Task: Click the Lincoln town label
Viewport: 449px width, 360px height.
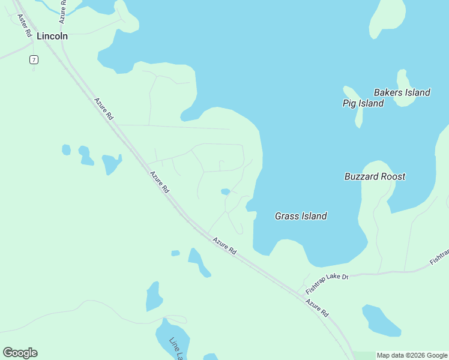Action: [x=52, y=36]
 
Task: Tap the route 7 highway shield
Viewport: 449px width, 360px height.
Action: [x=34, y=59]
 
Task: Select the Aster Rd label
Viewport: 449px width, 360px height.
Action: [x=25, y=26]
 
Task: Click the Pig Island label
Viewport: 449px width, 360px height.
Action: [x=363, y=103]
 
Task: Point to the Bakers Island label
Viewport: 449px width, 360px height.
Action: [x=402, y=92]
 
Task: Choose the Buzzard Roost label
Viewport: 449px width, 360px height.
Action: [x=375, y=176]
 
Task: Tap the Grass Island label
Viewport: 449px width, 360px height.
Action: [x=301, y=216]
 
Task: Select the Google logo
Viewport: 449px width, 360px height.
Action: [x=20, y=352]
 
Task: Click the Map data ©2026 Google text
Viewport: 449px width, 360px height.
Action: [x=412, y=355]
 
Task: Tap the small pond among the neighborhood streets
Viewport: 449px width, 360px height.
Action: [x=225, y=192]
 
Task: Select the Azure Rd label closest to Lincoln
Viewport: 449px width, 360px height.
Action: [x=103, y=109]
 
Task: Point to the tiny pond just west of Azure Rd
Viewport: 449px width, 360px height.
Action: [x=175, y=253]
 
